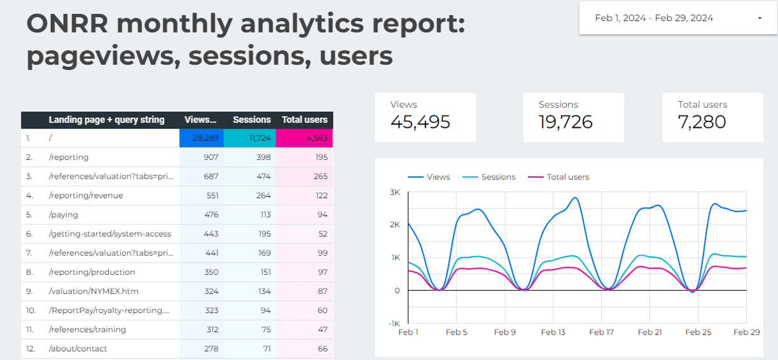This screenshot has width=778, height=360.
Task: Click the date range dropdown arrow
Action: pos(760,18)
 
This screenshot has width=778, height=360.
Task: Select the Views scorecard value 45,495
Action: pos(420,121)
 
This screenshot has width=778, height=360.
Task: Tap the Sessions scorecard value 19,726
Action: pos(566,121)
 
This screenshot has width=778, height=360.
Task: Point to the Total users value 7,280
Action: pos(702,121)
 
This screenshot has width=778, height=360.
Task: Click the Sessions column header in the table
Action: pos(252,120)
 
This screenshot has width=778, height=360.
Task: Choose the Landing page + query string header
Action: pos(106,120)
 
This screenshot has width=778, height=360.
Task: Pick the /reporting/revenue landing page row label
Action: pos(86,195)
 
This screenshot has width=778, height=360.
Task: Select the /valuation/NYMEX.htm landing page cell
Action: pos(94,291)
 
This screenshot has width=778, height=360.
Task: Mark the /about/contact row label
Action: pos(78,349)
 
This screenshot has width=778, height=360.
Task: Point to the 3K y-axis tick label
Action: pos(394,192)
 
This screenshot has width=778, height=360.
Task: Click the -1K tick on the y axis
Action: pos(393,323)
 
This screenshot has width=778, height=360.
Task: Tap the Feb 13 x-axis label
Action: pos(553,332)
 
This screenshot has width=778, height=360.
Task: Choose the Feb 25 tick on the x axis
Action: pos(698,332)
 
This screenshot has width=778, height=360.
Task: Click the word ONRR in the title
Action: pos(67,24)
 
